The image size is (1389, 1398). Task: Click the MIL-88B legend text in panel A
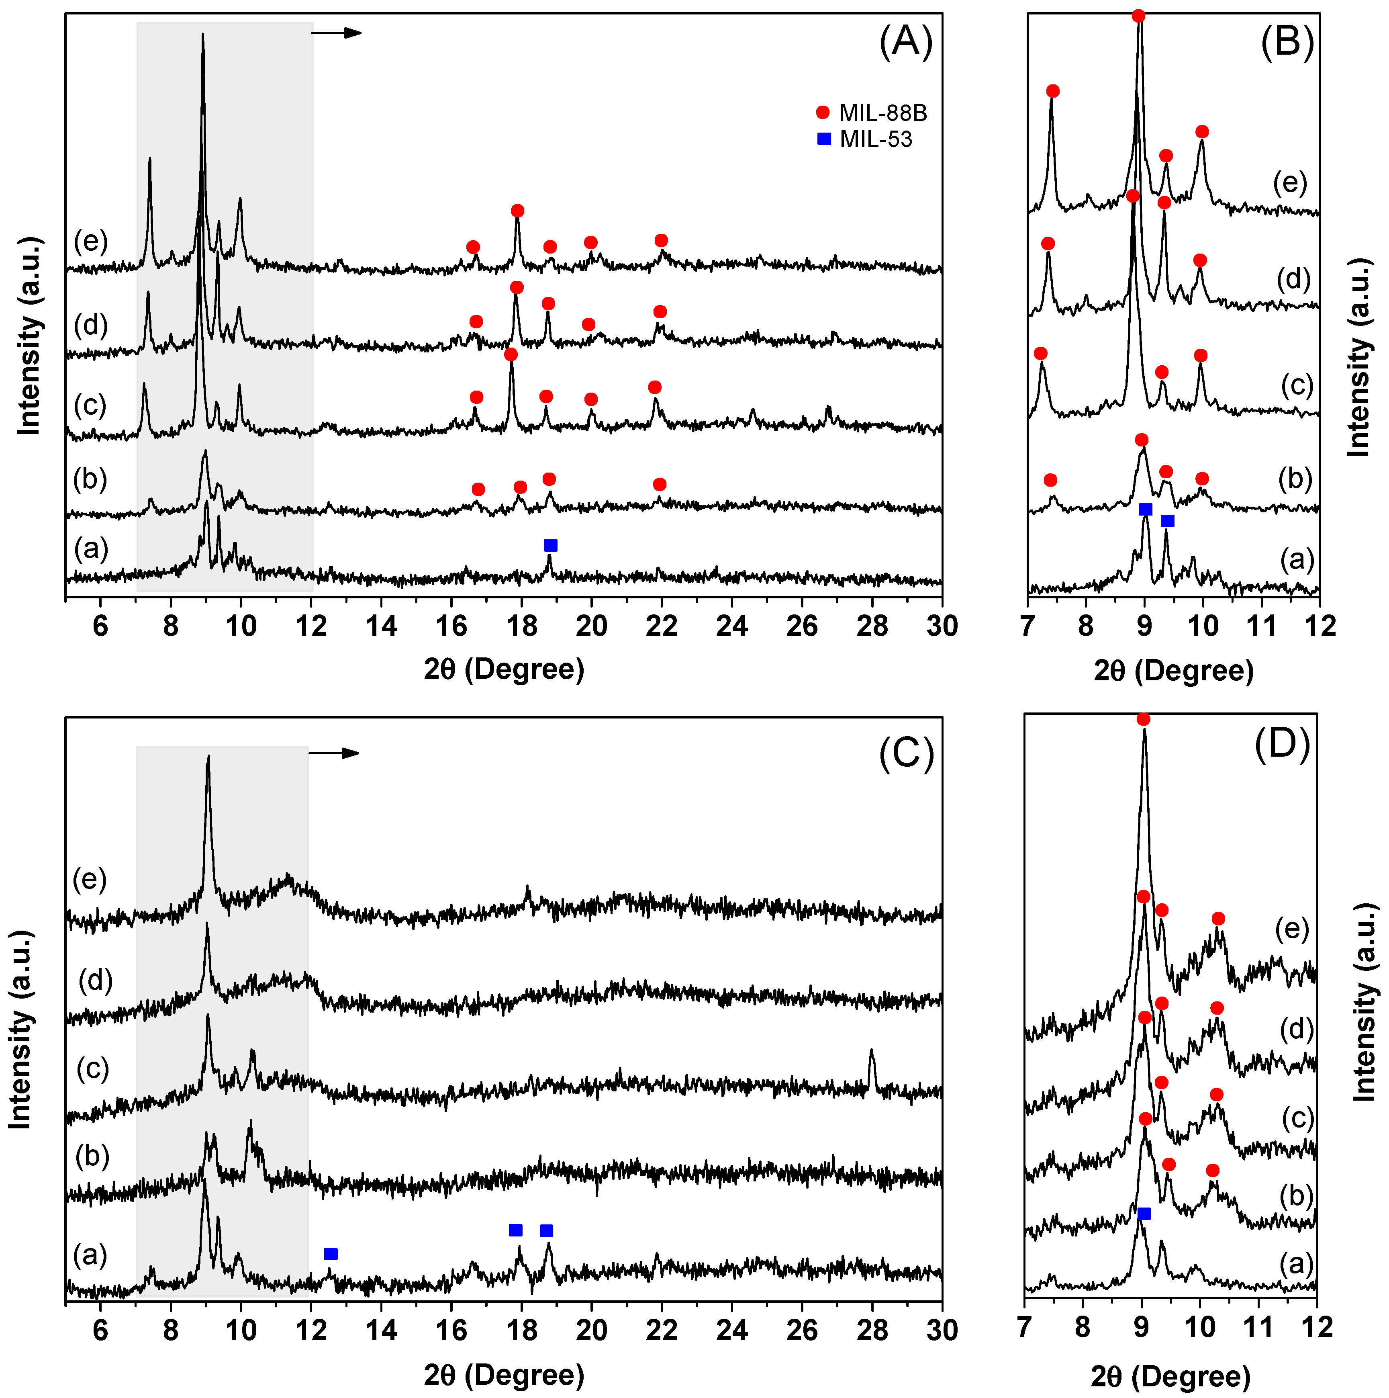(x=882, y=113)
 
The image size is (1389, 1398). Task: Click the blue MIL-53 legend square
(x=823, y=139)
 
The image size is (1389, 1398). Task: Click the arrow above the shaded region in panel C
(x=334, y=753)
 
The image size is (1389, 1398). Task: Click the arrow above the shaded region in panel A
(x=337, y=33)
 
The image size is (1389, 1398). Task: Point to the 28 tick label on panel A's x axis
(x=872, y=626)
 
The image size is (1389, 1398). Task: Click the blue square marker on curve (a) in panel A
(x=551, y=545)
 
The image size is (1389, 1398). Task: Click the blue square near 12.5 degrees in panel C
(x=331, y=1253)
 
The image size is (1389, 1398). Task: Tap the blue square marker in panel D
(x=1144, y=1214)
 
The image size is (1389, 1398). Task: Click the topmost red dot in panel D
(x=1143, y=718)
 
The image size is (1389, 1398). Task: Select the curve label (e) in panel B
(x=1290, y=183)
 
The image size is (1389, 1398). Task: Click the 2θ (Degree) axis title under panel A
(x=504, y=669)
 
